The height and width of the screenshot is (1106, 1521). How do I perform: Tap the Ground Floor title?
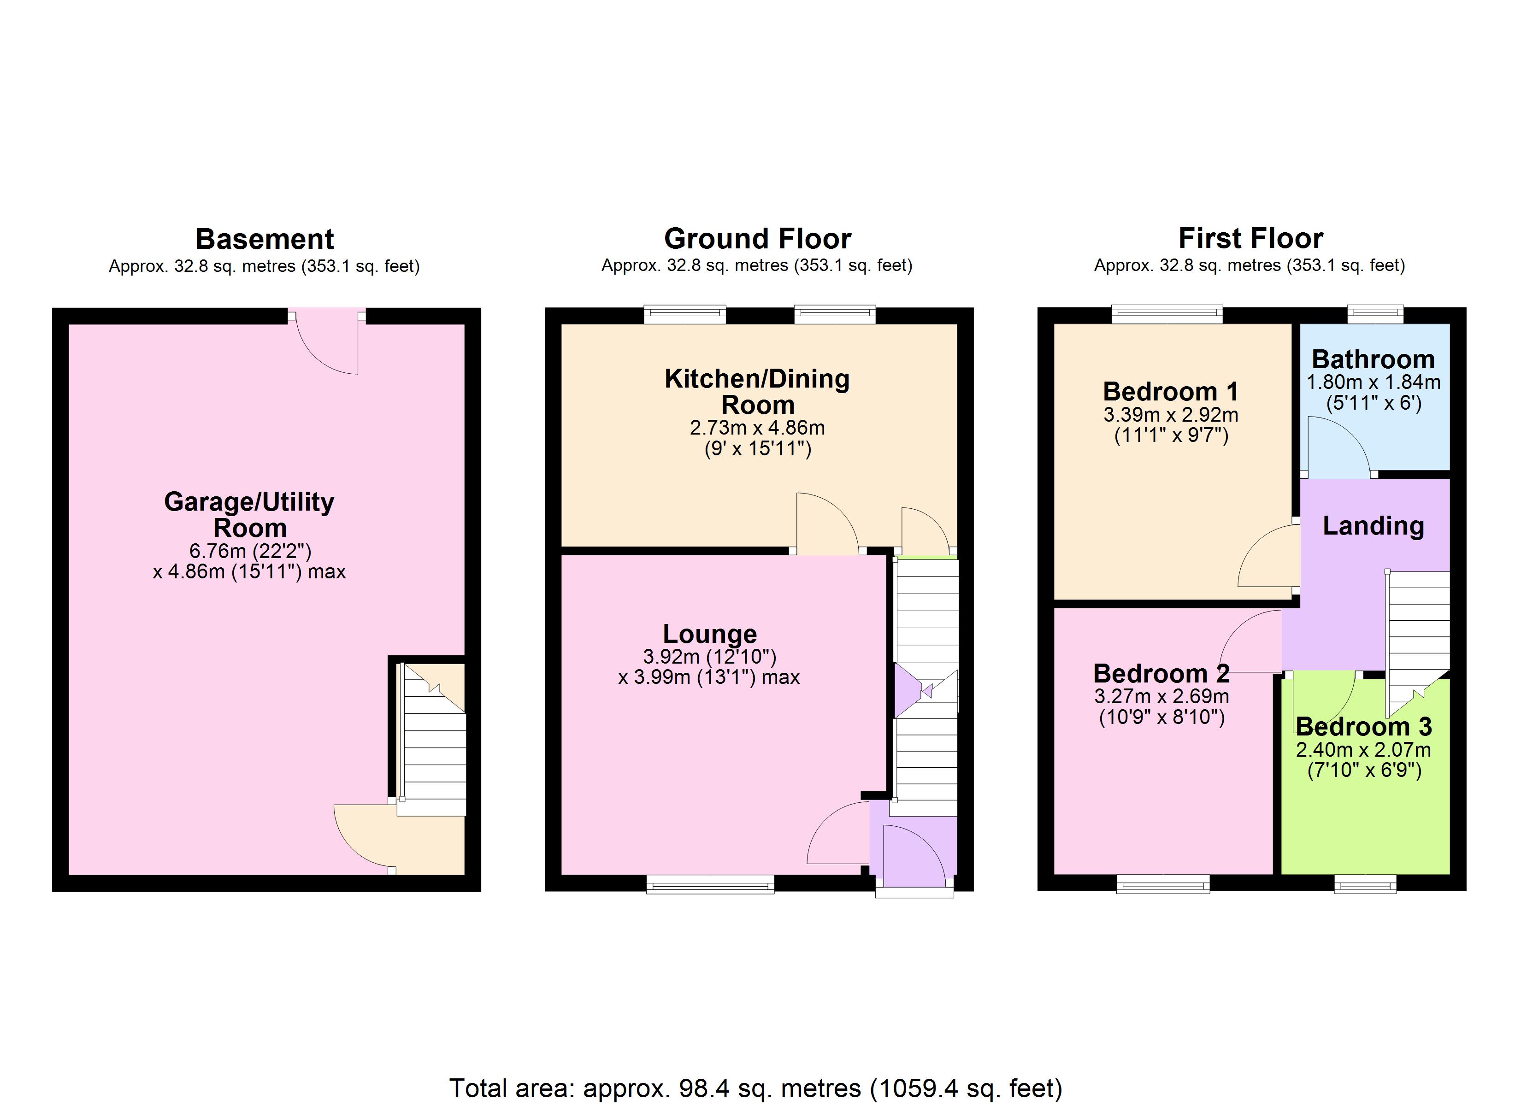(757, 239)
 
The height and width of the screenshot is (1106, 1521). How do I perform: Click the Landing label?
(1373, 526)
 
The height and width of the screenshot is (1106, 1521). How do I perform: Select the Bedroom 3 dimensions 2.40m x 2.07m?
(1363, 750)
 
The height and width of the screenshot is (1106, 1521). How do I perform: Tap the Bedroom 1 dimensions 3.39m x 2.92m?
(1170, 414)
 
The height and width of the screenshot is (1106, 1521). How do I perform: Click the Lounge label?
(709, 634)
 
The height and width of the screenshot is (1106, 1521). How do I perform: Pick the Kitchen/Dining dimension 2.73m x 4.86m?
(757, 427)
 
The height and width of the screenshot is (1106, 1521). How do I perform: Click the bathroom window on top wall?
(1375, 312)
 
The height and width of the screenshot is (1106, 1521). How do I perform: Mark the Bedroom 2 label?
(1161, 673)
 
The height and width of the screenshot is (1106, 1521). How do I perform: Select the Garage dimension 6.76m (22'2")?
(249, 551)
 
